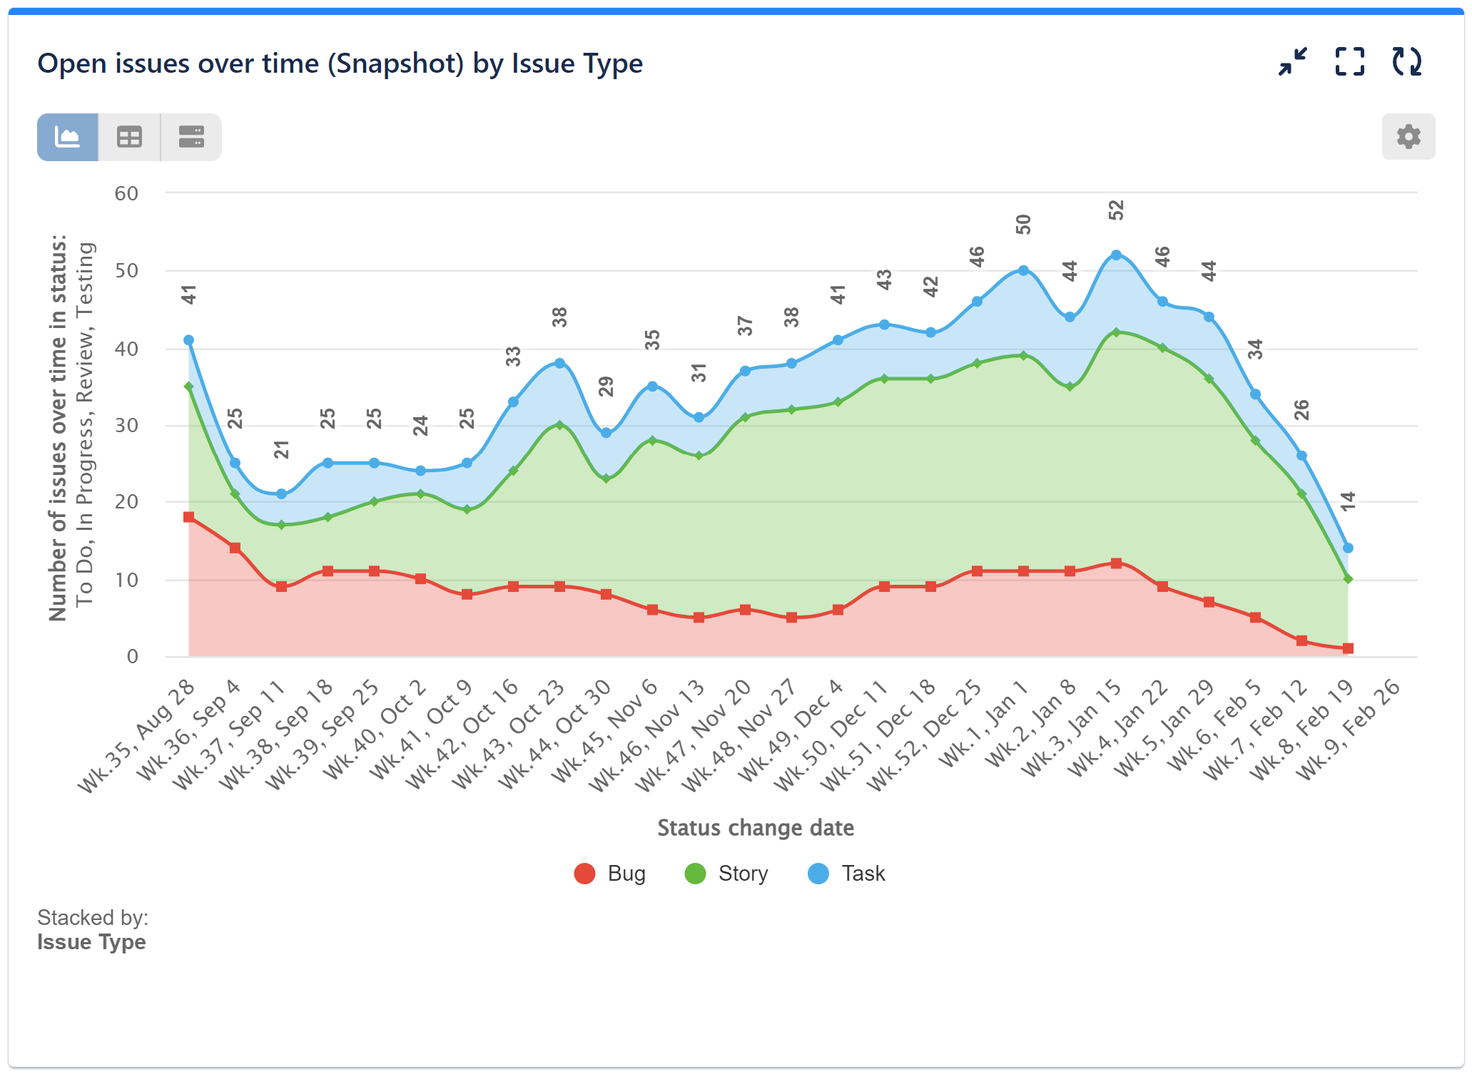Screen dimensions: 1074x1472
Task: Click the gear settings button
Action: (1408, 136)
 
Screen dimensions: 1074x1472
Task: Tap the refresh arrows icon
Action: (1406, 62)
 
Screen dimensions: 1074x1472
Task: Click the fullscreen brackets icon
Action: (1349, 62)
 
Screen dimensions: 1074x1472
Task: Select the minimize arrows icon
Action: (1292, 62)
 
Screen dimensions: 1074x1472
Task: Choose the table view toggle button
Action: (129, 137)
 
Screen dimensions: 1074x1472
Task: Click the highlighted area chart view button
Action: (68, 137)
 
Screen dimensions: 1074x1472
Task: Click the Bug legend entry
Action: (610, 874)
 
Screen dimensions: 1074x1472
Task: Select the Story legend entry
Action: (726, 874)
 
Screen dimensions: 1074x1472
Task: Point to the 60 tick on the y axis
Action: (126, 193)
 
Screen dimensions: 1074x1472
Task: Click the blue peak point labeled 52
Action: (1116, 255)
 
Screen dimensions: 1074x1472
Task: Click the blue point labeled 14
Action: (1348, 548)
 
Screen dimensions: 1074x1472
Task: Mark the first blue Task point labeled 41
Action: (189, 340)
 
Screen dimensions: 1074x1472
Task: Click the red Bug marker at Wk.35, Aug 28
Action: (189, 517)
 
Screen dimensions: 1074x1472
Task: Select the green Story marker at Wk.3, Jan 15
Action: (1116, 332)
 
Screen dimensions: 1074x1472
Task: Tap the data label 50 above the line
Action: (1023, 225)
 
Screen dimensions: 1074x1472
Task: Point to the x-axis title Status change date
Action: (755, 827)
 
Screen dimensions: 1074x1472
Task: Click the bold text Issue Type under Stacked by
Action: (91, 942)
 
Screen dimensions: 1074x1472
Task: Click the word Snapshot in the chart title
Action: (396, 63)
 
